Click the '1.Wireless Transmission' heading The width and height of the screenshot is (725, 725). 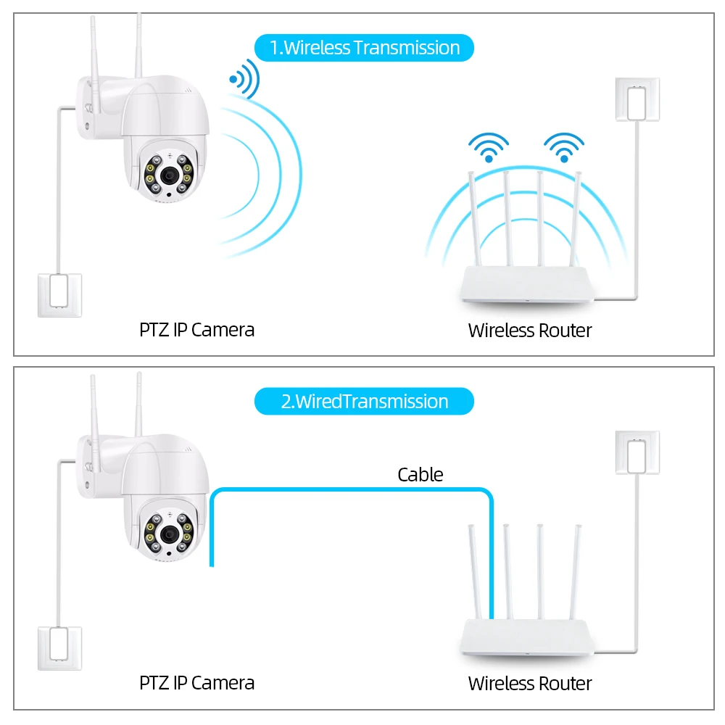364,48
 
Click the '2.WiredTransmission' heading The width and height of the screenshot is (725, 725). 364,402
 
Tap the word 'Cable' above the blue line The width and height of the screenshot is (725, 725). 420,475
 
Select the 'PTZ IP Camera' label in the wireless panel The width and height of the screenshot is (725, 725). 196,330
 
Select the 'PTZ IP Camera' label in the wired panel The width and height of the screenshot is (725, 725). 196,683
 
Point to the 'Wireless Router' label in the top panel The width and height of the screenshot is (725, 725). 530,331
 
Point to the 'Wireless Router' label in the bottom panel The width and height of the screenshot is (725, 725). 530,684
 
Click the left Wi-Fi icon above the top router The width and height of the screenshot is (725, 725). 489,147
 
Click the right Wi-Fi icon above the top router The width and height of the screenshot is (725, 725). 564,147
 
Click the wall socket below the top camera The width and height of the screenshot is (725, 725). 59,294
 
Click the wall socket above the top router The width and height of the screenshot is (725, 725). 637,100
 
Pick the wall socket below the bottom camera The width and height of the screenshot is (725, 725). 59,648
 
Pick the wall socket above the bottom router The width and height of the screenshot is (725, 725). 637,453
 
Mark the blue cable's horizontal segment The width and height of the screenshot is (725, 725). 348,491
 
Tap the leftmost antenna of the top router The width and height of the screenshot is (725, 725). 474,217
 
